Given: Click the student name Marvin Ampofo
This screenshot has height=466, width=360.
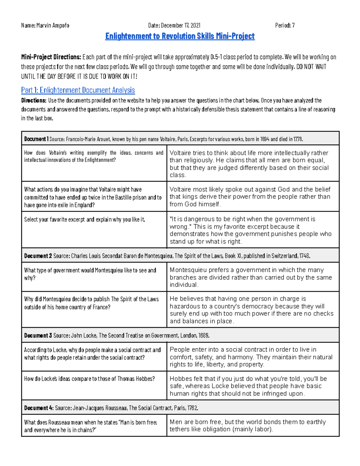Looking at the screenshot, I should (x=52, y=26).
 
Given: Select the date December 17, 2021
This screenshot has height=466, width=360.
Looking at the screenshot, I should (x=181, y=26).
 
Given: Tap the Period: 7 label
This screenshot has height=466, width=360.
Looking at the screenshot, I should (x=285, y=26).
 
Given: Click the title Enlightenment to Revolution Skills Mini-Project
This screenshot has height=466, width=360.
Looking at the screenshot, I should (x=180, y=36).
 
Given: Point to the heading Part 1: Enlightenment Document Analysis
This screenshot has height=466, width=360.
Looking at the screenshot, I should (x=78, y=90).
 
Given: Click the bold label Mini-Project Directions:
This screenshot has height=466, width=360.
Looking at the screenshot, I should (x=51, y=57).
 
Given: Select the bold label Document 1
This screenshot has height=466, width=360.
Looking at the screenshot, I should (x=36, y=139).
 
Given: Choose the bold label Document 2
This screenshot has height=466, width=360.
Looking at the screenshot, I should (x=38, y=256).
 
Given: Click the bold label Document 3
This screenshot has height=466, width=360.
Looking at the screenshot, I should (x=38, y=335).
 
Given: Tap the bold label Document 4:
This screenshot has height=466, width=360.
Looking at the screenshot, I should (x=39, y=408).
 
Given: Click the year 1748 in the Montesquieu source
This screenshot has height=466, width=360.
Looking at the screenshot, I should (x=304, y=256).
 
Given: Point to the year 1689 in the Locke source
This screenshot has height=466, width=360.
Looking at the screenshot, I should (x=203, y=335).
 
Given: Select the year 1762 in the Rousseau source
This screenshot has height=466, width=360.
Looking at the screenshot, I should (x=192, y=408).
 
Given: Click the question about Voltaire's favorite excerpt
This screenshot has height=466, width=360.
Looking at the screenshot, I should (x=85, y=220).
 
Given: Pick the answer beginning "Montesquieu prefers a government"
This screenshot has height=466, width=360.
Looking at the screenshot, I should (x=250, y=277).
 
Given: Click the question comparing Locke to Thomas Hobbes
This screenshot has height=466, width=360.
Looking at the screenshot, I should (x=89, y=379).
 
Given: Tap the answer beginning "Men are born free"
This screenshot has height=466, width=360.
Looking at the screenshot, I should (x=247, y=425).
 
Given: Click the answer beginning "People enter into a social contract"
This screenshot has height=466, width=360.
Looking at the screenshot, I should (x=251, y=357).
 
